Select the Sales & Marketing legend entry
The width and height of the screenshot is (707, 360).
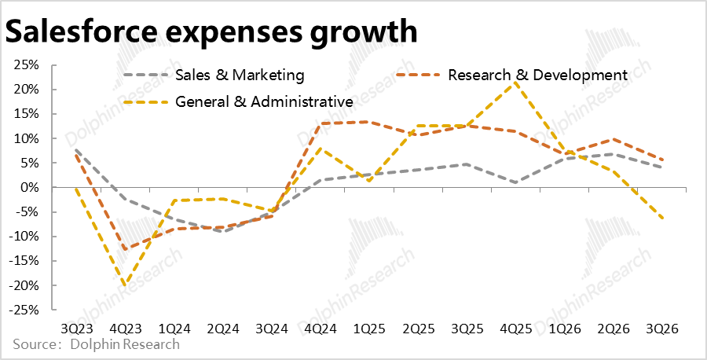tap(240, 75)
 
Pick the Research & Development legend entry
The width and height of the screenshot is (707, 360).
tap(537, 75)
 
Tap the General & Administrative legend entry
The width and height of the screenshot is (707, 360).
tap(264, 101)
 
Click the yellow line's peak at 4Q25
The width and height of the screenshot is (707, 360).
tap(516, 81)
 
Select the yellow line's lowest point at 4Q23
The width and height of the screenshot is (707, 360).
tap(124, 285)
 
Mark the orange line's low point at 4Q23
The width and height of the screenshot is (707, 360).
tap(124, 249)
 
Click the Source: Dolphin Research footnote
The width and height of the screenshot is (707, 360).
tap(96, 344)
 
